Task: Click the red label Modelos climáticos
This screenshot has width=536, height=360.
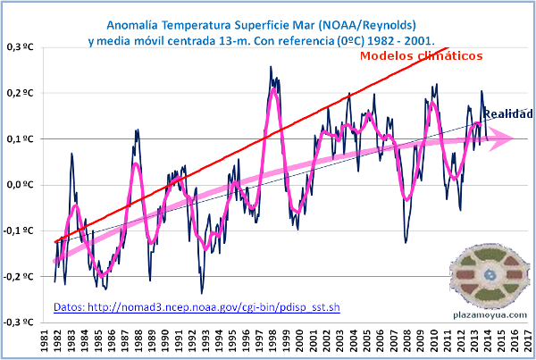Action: tap(422, 55)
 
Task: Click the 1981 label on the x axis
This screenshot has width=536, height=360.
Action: tap(45, 342)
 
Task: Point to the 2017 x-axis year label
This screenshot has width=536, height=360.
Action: tap(530, 342)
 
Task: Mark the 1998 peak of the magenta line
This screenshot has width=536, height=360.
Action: tap(272, 90)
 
